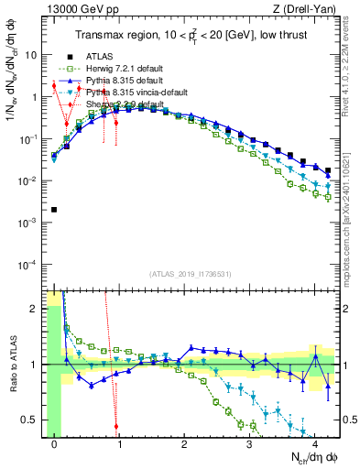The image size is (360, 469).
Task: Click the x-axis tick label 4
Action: tap(314, 446)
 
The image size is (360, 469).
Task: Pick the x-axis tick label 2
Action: tap(184, 446)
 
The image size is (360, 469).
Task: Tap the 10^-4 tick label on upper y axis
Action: tap(27, 265)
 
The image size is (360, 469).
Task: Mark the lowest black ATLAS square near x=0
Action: tap(54, 210)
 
